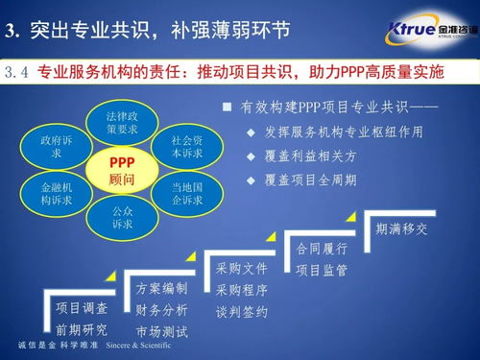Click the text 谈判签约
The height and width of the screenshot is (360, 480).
pyautogui.click(x=241, y=312)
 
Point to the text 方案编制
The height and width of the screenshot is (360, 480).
pyautogui.click(x=162, y=289)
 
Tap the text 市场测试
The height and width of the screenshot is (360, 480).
pyautogui.click(x=162, y=332)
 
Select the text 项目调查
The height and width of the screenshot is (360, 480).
pyautogui.click(x=82, y=309)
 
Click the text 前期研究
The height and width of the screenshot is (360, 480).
pyautogui.click(x=82, y=330)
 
